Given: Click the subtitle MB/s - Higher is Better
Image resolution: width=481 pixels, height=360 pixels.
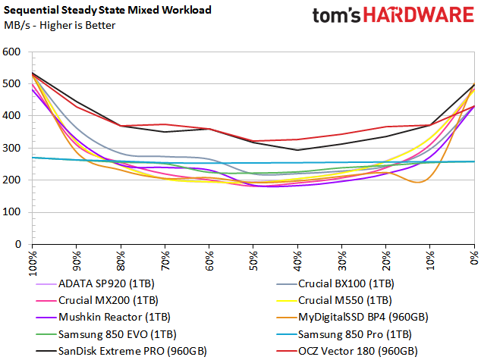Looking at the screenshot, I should point(60,26).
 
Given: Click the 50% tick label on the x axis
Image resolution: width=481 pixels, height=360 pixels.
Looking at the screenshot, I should point(254,261).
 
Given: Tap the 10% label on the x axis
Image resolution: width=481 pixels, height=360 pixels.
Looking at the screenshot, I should point(431,261).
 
